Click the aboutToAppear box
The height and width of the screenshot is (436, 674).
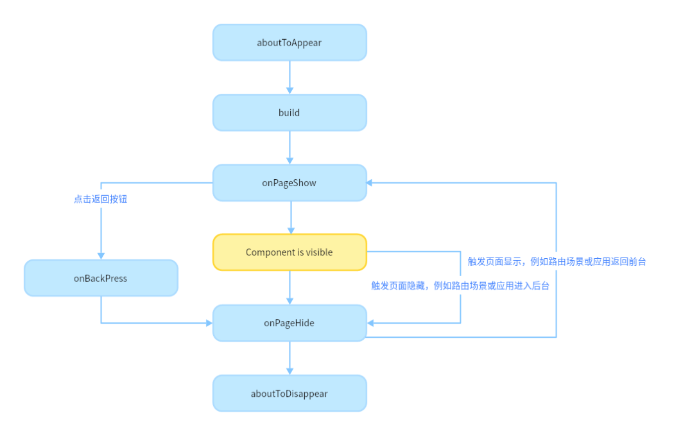(289, 43)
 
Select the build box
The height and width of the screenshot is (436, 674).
(289, 113)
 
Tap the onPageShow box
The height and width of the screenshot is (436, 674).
(289, 183)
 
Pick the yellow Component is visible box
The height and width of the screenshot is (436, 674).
(289, 252)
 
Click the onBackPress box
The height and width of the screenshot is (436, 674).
(101, 278)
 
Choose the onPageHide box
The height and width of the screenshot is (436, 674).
(289, 323)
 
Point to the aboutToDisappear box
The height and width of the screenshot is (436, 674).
(289, 394)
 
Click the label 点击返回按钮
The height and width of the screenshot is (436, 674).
(101, 199)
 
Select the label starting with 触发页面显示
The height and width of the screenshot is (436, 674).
(557, 261)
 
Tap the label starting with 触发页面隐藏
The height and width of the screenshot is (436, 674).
(460, 286)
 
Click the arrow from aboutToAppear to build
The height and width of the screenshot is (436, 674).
(289, 78)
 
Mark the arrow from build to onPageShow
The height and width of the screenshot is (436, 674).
(289, 148)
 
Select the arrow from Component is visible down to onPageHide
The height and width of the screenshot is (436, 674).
(289, 288)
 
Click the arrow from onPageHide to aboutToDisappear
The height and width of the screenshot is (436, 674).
(289, 358)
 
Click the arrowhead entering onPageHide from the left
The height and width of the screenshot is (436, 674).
(209, 323)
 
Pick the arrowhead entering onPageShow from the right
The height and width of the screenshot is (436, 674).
(370, 183)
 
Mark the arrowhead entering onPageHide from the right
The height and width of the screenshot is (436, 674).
(370, 323)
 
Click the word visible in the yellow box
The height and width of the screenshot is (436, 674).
(319, 252)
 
